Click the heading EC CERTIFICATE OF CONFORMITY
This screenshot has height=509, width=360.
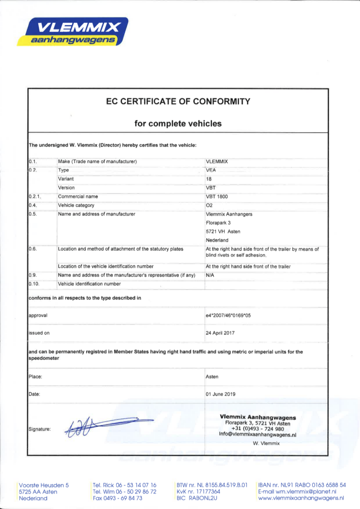[x=178, y=102]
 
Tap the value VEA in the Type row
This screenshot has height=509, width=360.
[x=211, y=170]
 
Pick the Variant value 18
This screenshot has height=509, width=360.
[x=209, y=179]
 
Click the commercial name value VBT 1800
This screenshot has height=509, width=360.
[x=216, y=196]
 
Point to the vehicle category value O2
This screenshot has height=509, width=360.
[x=209, y=205]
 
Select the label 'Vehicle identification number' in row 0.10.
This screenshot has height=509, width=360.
[x=90, y=284]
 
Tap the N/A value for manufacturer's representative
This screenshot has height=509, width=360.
[x=210, y=275]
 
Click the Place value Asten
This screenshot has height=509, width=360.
[x=212, y=377]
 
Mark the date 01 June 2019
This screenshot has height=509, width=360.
[x=221, y=394]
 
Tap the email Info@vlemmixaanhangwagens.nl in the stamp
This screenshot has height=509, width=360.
[x=258, y=434]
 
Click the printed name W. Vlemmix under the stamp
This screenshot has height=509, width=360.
[x=267, y=443]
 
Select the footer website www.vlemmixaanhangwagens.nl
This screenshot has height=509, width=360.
[x=302, y=498]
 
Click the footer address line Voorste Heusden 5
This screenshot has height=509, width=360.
[x=44, y=485]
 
